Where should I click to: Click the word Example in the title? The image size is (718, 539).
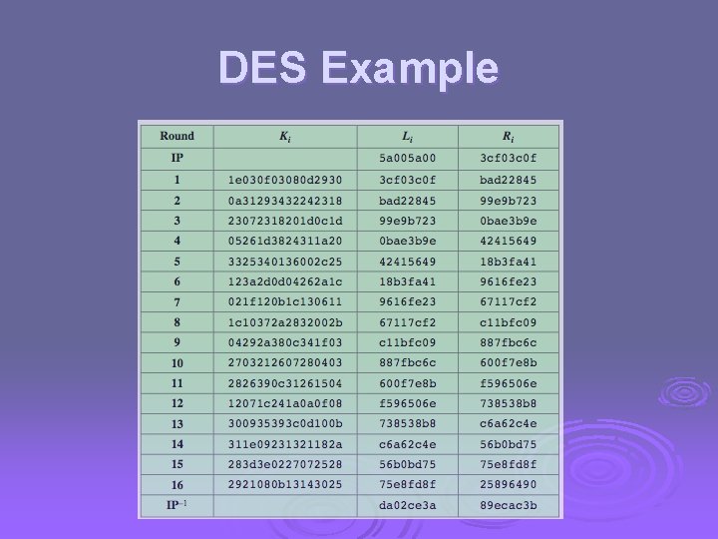coord(410,68)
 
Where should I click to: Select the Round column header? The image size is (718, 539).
coord(177,136)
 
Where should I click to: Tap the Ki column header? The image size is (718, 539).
coord(284,136)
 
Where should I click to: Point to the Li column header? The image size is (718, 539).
coord(407,136)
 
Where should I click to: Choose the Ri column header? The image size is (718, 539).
coord(508,136)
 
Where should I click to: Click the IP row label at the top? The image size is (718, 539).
coord(177,158)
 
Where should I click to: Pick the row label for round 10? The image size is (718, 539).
coord(177,362)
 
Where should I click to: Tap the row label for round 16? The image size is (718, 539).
coord(177,484)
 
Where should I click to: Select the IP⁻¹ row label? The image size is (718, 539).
coord(177,505)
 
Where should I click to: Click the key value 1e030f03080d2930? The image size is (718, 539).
coord(284,180)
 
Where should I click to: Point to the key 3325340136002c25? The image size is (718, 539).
coord(284,261)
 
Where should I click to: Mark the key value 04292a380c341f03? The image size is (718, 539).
coord(284,342)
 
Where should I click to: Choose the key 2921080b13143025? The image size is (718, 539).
coord(284,484)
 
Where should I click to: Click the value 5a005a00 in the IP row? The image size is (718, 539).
coord(407,158)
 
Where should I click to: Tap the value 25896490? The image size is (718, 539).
coord(508,484)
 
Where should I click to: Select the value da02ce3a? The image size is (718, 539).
coord(407,505)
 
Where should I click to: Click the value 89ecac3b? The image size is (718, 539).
coord(508,505)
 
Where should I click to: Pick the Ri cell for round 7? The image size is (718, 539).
coord(508,301)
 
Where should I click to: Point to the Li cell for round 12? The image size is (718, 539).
coord(407,403)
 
